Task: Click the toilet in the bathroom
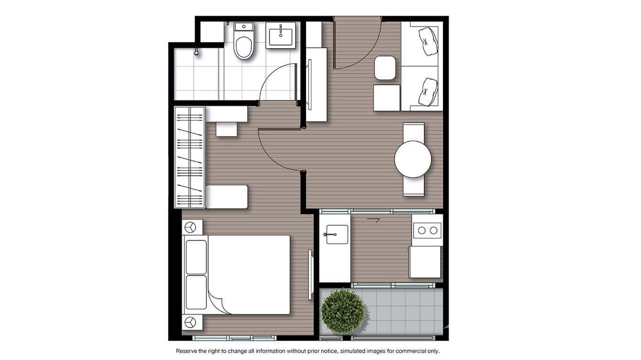pos(244,44)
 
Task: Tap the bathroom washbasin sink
pos(282,35)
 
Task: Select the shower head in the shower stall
pos(196,51)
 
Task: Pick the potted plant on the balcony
pos(343,311)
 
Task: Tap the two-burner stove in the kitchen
pos(427,231)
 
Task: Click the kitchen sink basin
pos(337,234)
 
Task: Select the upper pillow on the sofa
pos(427,40)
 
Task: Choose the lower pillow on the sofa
pos(427,92)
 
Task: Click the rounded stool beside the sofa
pos(385,68)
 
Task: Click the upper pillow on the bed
pos(196,257)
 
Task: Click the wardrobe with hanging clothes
pos(190,157)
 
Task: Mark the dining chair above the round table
pos(413,131)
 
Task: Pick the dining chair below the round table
pos(413,187)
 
